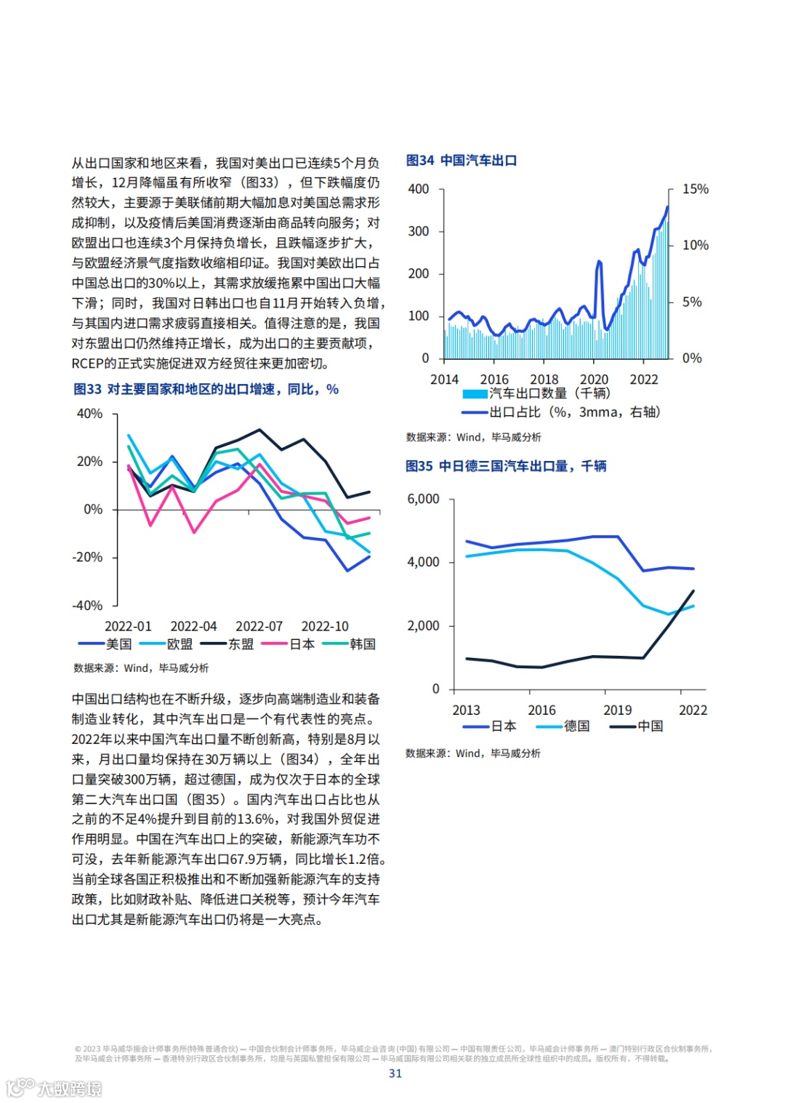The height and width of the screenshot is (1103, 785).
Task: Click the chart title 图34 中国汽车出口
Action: point(461,161)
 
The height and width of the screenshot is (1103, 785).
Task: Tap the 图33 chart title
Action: point(206,390)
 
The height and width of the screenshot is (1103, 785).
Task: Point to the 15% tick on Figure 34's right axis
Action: point(695,189)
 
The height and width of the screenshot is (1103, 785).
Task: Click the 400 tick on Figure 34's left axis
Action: point(419,189)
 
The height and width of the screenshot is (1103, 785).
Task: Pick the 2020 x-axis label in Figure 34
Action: point(594,380)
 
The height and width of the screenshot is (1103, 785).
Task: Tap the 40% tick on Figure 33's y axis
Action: point(89,414)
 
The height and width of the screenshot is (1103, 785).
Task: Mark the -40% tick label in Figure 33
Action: point(87,605)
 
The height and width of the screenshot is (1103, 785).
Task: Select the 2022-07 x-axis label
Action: point(259,626)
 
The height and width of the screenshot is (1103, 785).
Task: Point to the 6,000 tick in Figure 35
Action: point(423,499)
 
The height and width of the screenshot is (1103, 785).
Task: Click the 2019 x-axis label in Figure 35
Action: point(617,710)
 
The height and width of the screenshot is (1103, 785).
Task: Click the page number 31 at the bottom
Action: point(395,1073)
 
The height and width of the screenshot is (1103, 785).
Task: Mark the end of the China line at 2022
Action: point(693,591)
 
